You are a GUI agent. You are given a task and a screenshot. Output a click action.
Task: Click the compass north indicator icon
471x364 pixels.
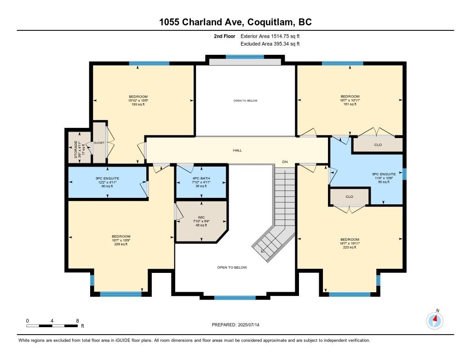(435, 319)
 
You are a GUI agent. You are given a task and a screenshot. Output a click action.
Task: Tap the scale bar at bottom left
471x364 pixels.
(52, 326)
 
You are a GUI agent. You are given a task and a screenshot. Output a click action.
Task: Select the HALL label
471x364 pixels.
(237, 150)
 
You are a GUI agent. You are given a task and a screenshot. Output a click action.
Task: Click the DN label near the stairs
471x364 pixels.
(285, 162)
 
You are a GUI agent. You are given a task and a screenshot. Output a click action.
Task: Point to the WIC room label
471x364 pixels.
(201, 217)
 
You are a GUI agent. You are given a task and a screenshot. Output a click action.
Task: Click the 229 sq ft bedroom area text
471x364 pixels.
(121, 244)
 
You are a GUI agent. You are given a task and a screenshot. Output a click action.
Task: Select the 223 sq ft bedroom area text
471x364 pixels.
(350, 248)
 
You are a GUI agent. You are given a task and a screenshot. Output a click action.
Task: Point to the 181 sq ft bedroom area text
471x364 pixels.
(350, 104)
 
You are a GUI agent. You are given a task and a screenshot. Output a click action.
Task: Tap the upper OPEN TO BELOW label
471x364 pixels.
(245, 100)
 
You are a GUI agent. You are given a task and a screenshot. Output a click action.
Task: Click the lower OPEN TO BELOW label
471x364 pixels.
(232, 267)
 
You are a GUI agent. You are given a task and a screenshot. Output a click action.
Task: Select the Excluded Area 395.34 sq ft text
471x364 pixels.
(270, 44)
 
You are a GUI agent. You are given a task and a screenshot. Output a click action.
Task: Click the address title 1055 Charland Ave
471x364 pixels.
(235, 22)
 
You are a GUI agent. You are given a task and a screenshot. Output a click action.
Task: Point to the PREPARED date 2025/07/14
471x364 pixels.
(238, 325)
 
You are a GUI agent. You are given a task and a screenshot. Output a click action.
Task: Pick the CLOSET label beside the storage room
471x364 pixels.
(99, 143)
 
